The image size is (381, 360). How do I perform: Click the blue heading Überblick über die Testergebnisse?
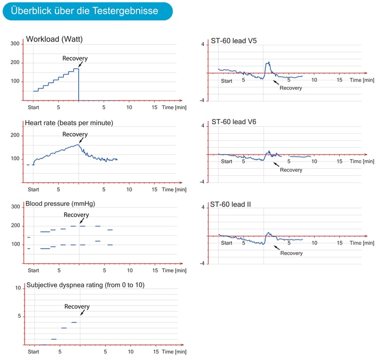point(84,11)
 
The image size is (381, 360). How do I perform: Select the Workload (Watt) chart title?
point(54,39)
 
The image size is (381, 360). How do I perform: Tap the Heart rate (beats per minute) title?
point(69,123)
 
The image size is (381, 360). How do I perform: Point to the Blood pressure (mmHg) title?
point(60,204)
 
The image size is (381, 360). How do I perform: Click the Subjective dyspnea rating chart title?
point(85,285)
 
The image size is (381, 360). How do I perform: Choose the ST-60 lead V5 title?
point(234,41)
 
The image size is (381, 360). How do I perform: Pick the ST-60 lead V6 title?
point(234,122)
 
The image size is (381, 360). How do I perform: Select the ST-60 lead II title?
point(230,204)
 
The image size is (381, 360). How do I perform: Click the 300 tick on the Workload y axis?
point(15,44)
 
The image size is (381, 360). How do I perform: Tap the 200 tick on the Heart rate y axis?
point(15,135)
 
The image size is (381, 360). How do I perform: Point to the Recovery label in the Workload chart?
point(75,58)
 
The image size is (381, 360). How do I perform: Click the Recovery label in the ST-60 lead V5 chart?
point(291,88)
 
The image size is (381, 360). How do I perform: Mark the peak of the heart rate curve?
point(78,145)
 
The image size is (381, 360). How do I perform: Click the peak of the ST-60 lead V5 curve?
point(269,62)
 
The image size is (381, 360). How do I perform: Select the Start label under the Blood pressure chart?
point(34,271)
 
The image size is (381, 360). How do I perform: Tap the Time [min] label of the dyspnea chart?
point(174,352)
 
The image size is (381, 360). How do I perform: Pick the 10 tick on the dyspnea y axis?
point(18,288)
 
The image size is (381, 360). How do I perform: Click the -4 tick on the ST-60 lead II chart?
point(202,263)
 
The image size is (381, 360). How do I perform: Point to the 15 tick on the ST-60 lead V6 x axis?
point(339,161)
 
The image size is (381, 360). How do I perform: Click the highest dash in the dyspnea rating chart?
point(74,322)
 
